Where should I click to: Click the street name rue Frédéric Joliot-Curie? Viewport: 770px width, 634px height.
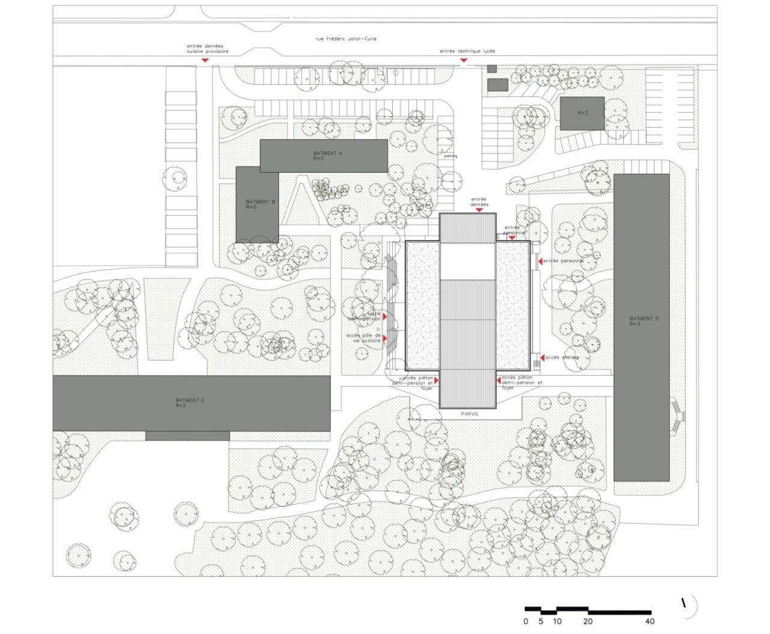click(x=346, y=39)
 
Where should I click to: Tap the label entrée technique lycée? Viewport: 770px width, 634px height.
click(x=467, y=52)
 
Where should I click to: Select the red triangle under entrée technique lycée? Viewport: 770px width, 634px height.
click(x=464, y=61)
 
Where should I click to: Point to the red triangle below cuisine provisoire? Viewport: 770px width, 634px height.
click(x=205, y=61)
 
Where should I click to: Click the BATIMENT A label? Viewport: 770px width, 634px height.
click(x=328, y=155)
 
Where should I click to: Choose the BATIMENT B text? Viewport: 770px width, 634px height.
click(x=260, y=204)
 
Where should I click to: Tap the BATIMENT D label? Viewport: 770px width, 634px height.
click(x=644, y=321)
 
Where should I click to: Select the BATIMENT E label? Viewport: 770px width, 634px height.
click(x=189, y=402)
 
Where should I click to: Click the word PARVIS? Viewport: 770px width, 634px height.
click(x=470, y=414)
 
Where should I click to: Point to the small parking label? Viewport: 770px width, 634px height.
click(x=450, y=156)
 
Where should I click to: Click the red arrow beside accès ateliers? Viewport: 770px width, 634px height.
click(x=542, y=358)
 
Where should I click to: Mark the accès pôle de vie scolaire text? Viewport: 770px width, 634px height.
click(x=363, y=338)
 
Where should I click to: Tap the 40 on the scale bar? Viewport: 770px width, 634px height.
click(x=650, y=621)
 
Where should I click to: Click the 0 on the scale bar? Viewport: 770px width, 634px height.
click(x=526, y=621)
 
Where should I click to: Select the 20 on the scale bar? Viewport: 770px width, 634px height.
click(x=588, y=621)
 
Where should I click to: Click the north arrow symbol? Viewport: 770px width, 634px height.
click(x=685, y=603)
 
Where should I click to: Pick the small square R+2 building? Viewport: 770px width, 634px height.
click(x=582, y=113)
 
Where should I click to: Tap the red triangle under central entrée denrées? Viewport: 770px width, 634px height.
click(x=479, y=210)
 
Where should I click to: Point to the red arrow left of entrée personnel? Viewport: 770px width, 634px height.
click(x=540, y=261)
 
